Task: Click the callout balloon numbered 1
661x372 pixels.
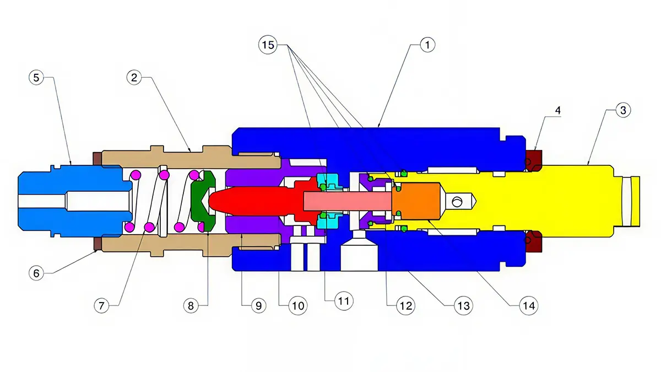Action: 427,45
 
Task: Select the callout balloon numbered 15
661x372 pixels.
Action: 268,45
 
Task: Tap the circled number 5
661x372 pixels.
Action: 36,78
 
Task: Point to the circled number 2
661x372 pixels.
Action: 134,78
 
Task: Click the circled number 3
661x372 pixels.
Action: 623,110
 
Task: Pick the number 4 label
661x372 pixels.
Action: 557,110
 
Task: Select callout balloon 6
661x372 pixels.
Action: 36,273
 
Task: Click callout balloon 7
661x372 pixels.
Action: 101,305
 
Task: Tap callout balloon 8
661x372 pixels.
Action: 191,305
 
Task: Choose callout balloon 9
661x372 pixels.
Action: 258,305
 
